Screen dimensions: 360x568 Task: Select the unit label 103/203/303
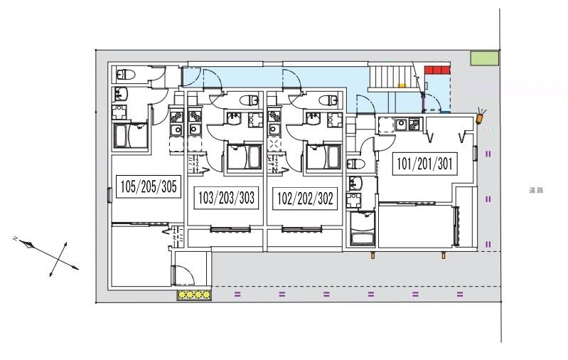point(227,197)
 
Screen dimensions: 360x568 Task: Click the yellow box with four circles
point(194,294)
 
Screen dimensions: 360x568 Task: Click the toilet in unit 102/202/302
point(328,100)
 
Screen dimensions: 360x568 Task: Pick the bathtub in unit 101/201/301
point(363,230)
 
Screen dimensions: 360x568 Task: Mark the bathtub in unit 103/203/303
point(244,157)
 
